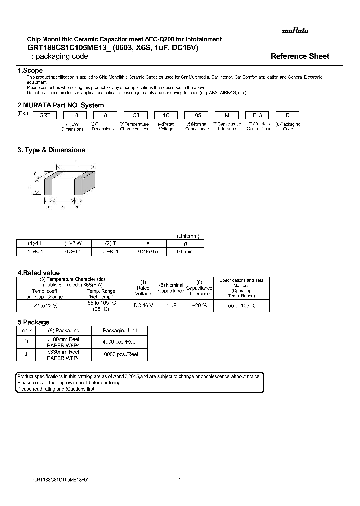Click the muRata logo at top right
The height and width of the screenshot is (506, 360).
tap(295, 31)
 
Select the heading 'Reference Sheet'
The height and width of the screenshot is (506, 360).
tap(300, 56)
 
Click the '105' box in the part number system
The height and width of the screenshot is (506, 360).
tap(196, 114)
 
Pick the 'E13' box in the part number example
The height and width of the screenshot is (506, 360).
tap(259, 114)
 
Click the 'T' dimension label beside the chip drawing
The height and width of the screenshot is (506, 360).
tap(30, 188)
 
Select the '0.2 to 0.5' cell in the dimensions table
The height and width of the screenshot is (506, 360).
tap(148, 251)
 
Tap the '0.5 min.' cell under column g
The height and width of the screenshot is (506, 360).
tap(185, 251)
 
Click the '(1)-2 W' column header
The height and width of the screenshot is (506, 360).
tap(73, 243)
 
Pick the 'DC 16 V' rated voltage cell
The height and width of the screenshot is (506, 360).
tap(143, 305)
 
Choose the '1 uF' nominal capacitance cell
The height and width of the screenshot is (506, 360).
tap(171, 305)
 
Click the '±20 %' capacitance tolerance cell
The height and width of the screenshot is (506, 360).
tap(199, 305)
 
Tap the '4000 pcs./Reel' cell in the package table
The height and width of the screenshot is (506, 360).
tap(120, 341)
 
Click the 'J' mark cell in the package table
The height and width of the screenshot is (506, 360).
tap(26, 354)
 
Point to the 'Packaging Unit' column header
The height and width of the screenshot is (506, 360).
tap(120, 330)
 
